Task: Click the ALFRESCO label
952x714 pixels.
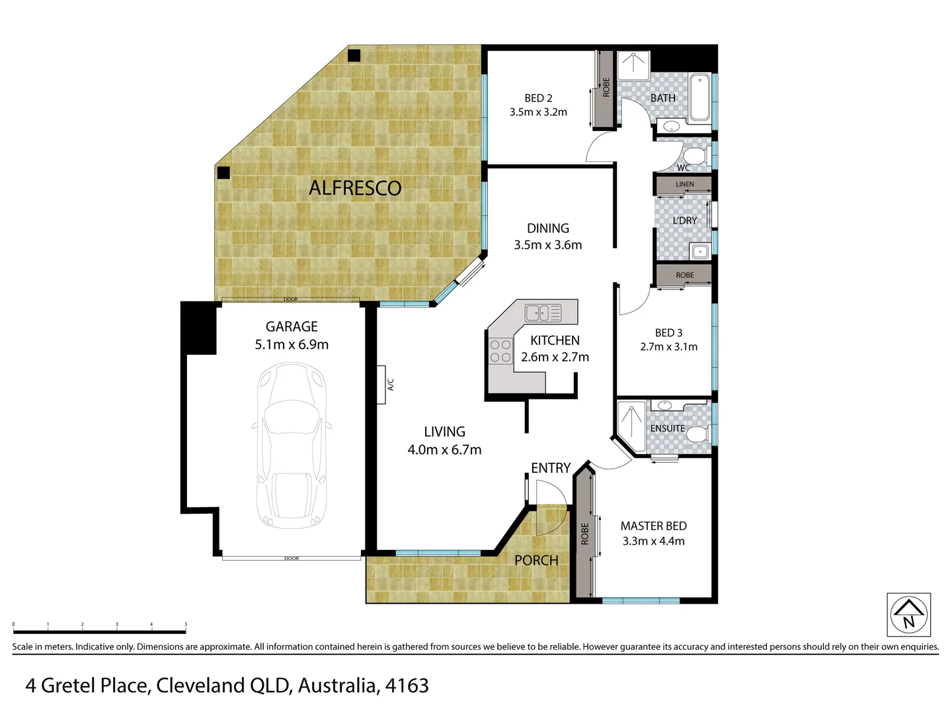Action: pyautogui.click(x=355, y=188)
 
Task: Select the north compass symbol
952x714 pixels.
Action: pyautogui.click(x=908, y=615)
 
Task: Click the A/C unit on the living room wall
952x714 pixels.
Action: pyautogui.click(x=382, y=384)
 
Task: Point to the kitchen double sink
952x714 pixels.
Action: pyautogui.click(x=543, y=313)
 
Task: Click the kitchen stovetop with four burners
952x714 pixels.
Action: pyautogui.click(x=500, y=351)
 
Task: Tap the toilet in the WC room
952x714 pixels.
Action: pyautogui.click(x=695, y=157)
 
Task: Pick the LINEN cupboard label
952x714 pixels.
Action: pyautogui.click(x=685, y=184)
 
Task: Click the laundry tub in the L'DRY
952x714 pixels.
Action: pyautogui.click(x=699, y=251)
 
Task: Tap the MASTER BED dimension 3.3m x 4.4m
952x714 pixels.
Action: pyautogui.click(x=653, y=541)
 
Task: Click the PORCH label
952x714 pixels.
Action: pyautogui.click(x=536, y=561)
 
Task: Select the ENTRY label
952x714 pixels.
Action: pyautogui.click(x=551, y=468)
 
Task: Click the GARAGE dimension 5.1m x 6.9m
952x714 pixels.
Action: pyautogui.click(x=292, y=344)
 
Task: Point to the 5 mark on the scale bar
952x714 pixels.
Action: pyautogui.click(x=186, y=624)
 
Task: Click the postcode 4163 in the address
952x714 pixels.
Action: pyautogui.click(x=409, y=686)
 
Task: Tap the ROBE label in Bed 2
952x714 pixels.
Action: pyautogui.click(x=606, y=87)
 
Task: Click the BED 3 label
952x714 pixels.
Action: pyautogui.click(x=668, y=333)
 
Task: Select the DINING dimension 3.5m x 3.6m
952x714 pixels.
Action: pyautogui.click(x=548, y=245)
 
